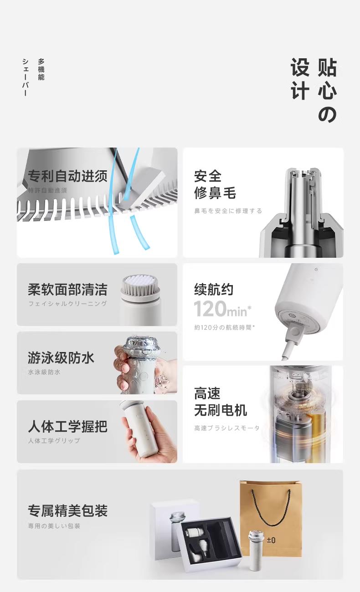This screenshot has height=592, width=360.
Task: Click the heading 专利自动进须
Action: (x=68, y=176)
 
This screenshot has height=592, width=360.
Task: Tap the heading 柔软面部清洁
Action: (x=68, y=289)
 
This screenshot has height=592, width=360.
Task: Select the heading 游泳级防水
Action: (x=61, y=358)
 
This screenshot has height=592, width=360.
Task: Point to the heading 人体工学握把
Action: (x=68, y=427)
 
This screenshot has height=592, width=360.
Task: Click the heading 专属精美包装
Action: (x=68, y=510)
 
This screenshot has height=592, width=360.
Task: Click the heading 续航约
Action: (x=214, y=289)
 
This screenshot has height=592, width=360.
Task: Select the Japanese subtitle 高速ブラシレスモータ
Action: (x=227, y=428)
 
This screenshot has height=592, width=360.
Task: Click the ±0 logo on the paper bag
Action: (x=271, y=540)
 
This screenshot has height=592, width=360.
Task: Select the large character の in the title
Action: (x=328, y=114)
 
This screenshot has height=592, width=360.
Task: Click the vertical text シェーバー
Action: (x=25, y=77)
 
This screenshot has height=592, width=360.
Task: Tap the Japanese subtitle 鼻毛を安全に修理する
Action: (x=228, y=211)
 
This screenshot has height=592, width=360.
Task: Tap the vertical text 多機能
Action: (x=41, y=69)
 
